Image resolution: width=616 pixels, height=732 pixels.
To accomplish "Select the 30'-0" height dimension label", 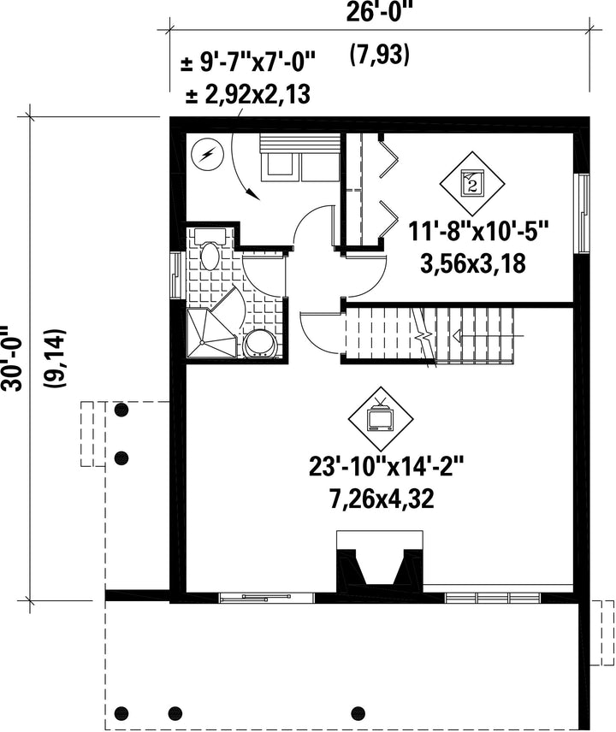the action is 12,358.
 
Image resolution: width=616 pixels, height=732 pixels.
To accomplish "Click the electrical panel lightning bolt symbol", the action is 208,154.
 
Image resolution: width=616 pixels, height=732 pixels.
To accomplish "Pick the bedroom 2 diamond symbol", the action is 472,184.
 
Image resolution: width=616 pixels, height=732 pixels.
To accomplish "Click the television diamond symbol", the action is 380,419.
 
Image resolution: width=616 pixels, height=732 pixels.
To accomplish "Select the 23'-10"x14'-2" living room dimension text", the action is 386,467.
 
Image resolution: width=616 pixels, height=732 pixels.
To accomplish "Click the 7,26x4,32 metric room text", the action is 382,499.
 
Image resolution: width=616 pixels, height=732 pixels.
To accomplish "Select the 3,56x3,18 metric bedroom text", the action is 472,264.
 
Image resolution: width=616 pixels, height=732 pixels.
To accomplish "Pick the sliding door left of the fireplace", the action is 267,597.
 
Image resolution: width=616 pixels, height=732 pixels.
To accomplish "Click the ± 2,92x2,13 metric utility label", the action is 247,95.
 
